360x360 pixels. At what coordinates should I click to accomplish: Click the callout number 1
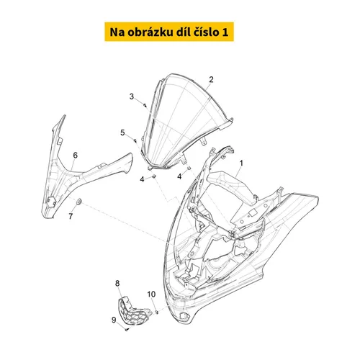pos(241,163)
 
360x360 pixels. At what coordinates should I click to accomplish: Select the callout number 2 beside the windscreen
pos(211,79)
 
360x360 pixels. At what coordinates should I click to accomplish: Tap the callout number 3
pos(132,96)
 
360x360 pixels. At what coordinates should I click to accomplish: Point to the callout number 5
pos(122,132)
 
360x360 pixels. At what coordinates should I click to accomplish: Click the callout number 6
pos(76,156)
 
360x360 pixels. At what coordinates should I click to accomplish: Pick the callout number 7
pos(71,217)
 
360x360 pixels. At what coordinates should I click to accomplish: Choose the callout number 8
pos(117,284)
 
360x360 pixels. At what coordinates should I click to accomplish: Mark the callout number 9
pos(114,320)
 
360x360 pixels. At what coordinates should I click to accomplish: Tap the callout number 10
pos(151,294)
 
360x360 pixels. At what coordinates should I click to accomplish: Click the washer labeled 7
pos(78,202)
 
